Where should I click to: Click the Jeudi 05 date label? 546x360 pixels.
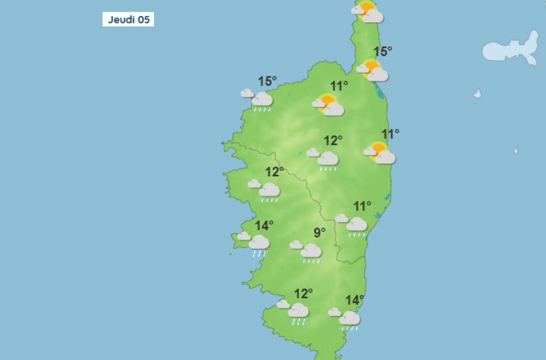click(128, 19)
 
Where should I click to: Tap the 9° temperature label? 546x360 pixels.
click(319, 233)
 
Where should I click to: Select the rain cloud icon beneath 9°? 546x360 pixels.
click(308, 251)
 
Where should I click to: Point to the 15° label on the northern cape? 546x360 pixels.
click(382, 51)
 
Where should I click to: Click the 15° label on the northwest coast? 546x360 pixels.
click(267, 81)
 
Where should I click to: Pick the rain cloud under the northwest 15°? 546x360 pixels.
click(260, 100)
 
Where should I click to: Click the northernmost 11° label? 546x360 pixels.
click(339, 86)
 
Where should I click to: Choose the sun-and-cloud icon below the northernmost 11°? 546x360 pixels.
click(329, 105)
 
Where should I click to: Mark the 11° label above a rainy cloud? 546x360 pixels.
click(362, 206)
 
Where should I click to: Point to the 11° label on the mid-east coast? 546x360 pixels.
click(390, 134)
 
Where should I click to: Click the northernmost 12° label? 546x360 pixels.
click(333, 140)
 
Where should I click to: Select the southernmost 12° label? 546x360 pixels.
click(303, 294)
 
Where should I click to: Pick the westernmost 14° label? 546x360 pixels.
click(264, 226)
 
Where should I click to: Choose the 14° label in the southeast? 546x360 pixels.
click(355, 300)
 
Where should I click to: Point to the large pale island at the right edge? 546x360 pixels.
click(511, 50)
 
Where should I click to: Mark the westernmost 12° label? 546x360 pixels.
click(274, 172)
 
